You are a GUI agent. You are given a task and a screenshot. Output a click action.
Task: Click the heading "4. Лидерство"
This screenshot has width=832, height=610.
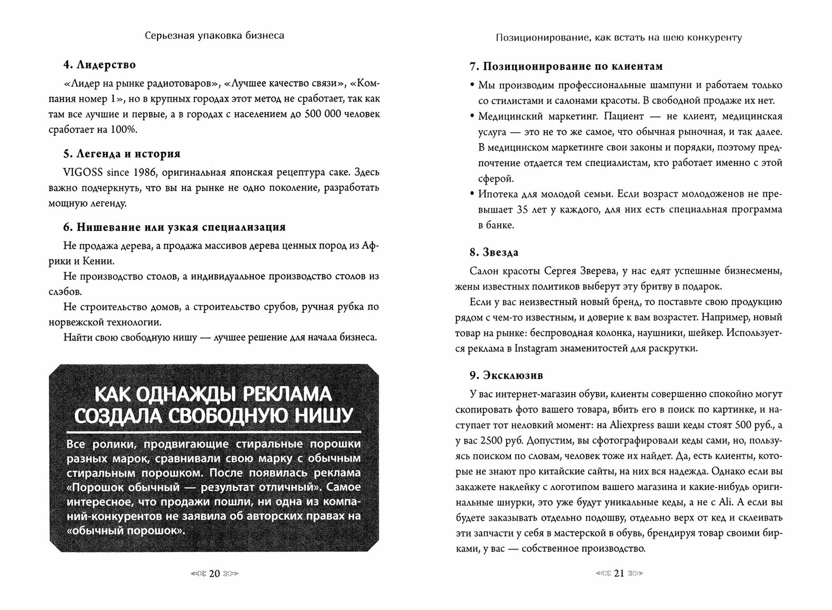[99, 65]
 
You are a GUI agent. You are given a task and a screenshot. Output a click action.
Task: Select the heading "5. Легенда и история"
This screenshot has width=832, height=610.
[122, 154]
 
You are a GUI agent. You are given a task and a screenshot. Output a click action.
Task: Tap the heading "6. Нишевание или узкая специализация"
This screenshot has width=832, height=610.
[174, 227]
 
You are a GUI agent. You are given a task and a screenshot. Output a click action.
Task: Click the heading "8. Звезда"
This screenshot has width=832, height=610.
[494, 252]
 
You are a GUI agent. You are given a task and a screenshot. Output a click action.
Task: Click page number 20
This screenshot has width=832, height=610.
[214, 573]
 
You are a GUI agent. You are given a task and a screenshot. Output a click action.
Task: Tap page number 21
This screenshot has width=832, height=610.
[619, 573]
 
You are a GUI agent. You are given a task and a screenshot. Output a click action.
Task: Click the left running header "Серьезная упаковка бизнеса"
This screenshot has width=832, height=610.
[214, 36]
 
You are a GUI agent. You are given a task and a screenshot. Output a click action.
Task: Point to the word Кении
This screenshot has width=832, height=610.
[99, 261]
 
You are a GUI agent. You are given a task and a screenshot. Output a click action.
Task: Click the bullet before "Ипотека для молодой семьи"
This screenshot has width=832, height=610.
[472, 194]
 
